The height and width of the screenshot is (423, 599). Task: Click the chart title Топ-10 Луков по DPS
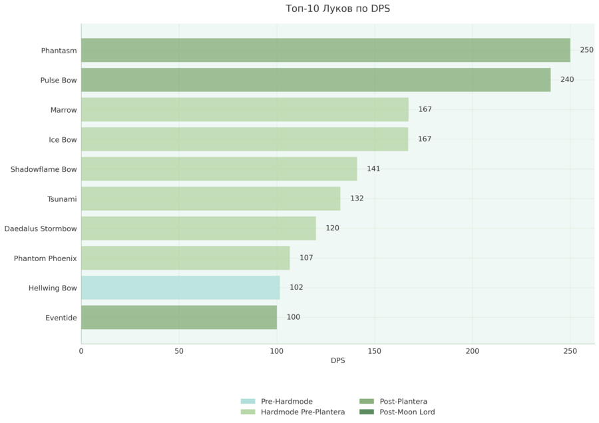coord(337,9)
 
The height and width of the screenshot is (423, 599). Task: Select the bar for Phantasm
coord(325,50)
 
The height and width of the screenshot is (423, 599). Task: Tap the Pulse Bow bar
coord(316,80)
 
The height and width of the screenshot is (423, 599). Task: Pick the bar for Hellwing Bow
coord(180,288)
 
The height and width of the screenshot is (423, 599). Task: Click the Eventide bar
coord(179,318)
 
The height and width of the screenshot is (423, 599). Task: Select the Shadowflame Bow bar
coord(219,169)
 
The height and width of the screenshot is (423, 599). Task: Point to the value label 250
coord(586,50)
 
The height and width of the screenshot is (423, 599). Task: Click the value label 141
coord(373,169)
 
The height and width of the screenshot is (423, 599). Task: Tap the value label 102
coord(296,287)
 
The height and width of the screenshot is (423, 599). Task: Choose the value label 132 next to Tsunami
coord(357,199)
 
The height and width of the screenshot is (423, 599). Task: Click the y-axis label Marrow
coord(63,110)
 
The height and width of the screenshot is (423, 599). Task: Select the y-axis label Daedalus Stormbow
coord(41,228)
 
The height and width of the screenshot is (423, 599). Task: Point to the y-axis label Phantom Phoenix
coord(45,258)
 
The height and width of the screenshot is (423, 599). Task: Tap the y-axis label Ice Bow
coord(63,140)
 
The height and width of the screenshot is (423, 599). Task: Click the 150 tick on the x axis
coord(374,351)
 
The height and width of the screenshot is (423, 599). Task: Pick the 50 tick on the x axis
coord(179,351)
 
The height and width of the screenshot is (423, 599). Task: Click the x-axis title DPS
coord(337,360)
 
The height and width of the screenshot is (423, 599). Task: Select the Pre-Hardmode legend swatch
coord(248,401)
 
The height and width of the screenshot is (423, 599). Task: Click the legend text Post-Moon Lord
coord(407,412)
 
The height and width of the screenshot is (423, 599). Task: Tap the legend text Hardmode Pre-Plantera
coord(303,412)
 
